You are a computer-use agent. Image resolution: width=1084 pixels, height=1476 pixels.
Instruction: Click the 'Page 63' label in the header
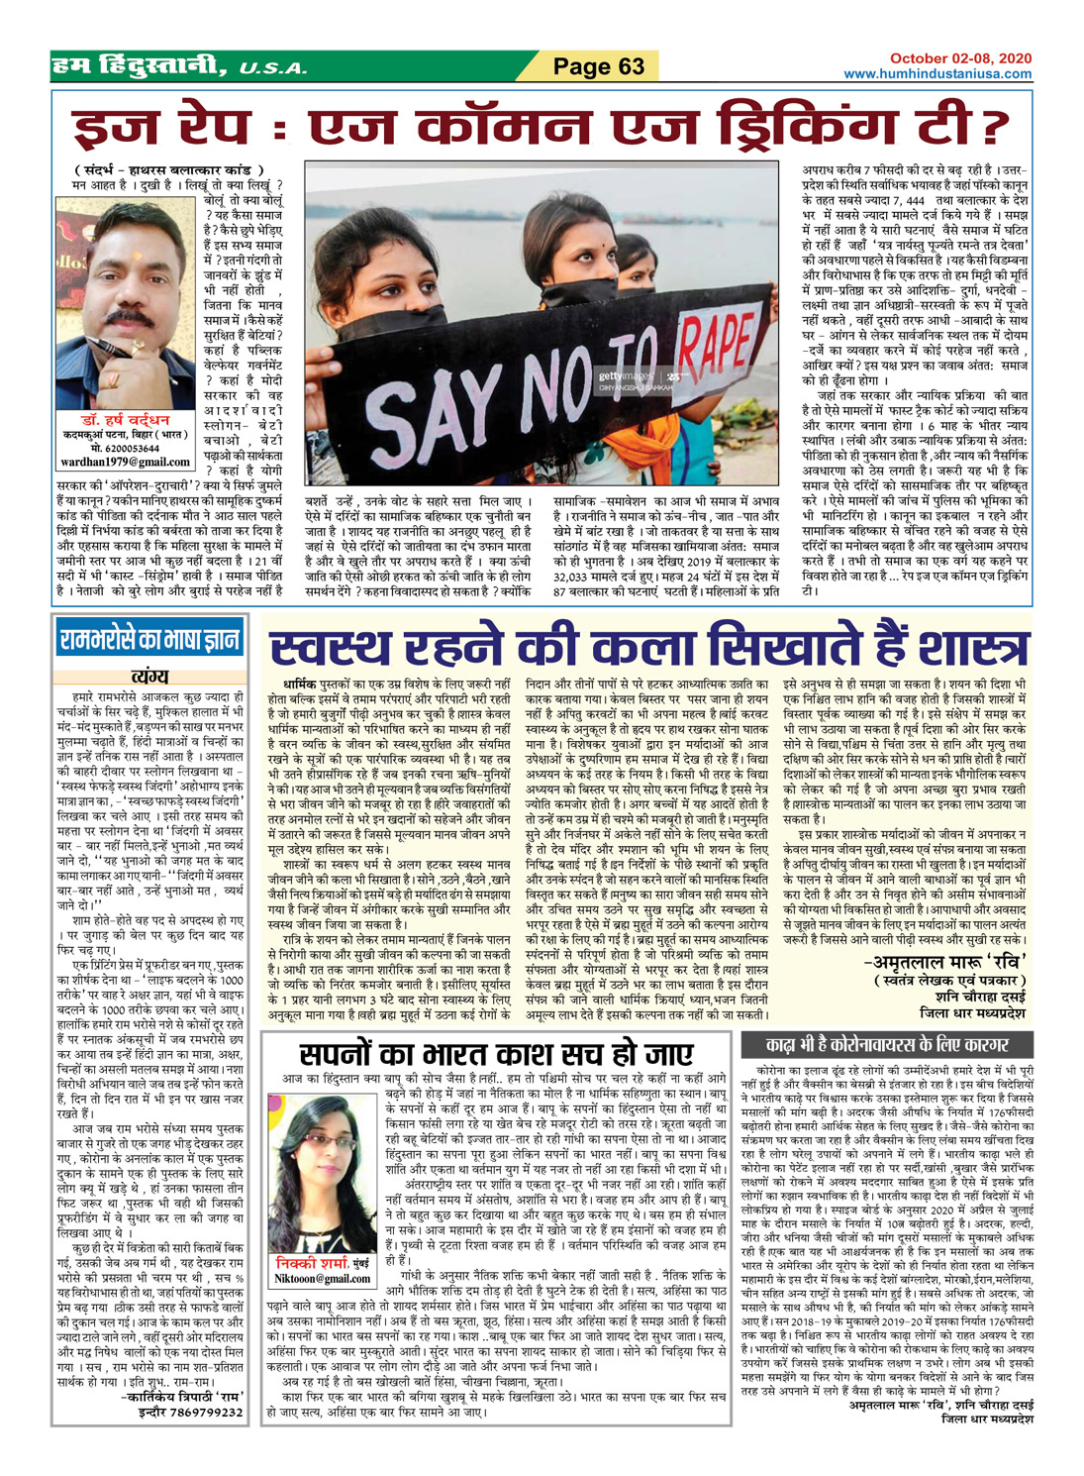click(x=599, y=66)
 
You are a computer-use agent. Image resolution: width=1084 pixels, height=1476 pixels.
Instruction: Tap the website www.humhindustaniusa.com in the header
click(x=937, y=74)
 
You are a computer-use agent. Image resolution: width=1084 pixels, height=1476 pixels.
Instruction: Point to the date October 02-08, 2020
click(x=960, y=59)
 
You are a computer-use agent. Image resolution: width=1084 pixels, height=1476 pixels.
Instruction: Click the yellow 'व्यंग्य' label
click(x=149, y=677)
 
